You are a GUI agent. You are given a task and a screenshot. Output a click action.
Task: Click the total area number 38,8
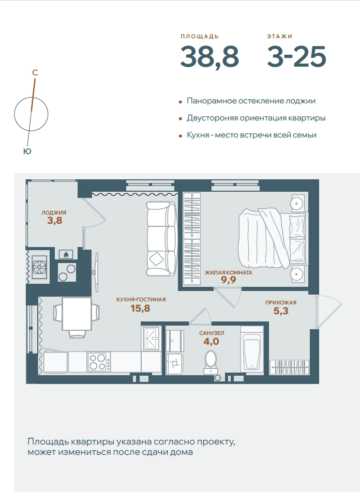click(209, 57)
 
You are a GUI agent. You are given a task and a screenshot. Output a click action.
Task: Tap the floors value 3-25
click(296, 56)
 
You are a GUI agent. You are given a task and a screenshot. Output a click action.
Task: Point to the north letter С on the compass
click(35, 73)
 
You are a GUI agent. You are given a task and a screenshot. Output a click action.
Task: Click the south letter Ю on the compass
click(27, 151)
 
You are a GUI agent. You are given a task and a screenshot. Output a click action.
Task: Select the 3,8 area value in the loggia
click(55, 221)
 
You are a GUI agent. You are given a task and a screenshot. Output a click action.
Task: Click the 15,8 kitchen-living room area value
click(140, 309)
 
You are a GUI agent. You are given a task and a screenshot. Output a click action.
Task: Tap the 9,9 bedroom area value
click(229, 280)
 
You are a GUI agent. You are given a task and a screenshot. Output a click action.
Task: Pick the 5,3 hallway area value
click(281, 311)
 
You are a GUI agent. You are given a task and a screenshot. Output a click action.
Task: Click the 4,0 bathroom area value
click(211, 342)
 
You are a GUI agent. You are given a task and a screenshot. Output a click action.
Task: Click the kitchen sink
click(152, 338)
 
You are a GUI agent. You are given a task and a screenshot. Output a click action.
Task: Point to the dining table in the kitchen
click(77, 314)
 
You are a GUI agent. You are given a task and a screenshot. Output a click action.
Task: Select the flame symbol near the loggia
click(66, 254)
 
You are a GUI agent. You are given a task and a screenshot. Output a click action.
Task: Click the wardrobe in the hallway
click(289, 367)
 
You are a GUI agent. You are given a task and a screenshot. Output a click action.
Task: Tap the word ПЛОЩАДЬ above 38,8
click(200, 36)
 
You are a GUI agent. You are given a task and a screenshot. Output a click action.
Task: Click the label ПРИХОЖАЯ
click(281, 303)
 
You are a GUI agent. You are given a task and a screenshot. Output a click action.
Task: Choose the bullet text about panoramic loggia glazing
click(251, 101)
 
